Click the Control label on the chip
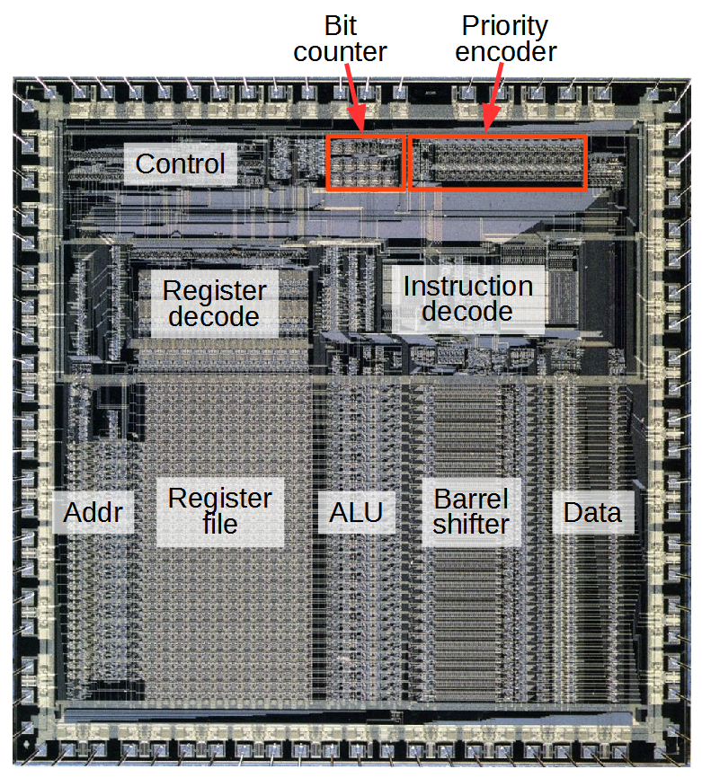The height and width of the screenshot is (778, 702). point(180,164)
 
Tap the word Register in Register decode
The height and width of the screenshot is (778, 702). point(214,291)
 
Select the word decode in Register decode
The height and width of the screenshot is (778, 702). point(214,316)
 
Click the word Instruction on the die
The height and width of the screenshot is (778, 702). point(467,287)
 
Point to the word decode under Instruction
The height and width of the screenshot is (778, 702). point(467,312)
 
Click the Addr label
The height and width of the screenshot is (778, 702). point(93,514)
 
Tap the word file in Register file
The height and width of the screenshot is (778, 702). point(220,524)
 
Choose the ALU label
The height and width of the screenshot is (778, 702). point(356,513)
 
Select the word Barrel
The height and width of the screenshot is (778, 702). point(471,499)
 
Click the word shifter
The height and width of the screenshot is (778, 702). point(471,524)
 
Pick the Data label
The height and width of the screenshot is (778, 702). point(591,513)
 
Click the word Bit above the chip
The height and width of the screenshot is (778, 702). point(340,25)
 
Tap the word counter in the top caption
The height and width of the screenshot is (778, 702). point(340,51)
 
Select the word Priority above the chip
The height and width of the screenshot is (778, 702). point(504,25)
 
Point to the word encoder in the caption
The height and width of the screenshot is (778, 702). point(504,51)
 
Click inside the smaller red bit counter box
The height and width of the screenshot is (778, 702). point(365,163)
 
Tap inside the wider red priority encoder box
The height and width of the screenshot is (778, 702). point(498,163)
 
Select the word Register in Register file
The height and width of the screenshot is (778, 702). point(220,499)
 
